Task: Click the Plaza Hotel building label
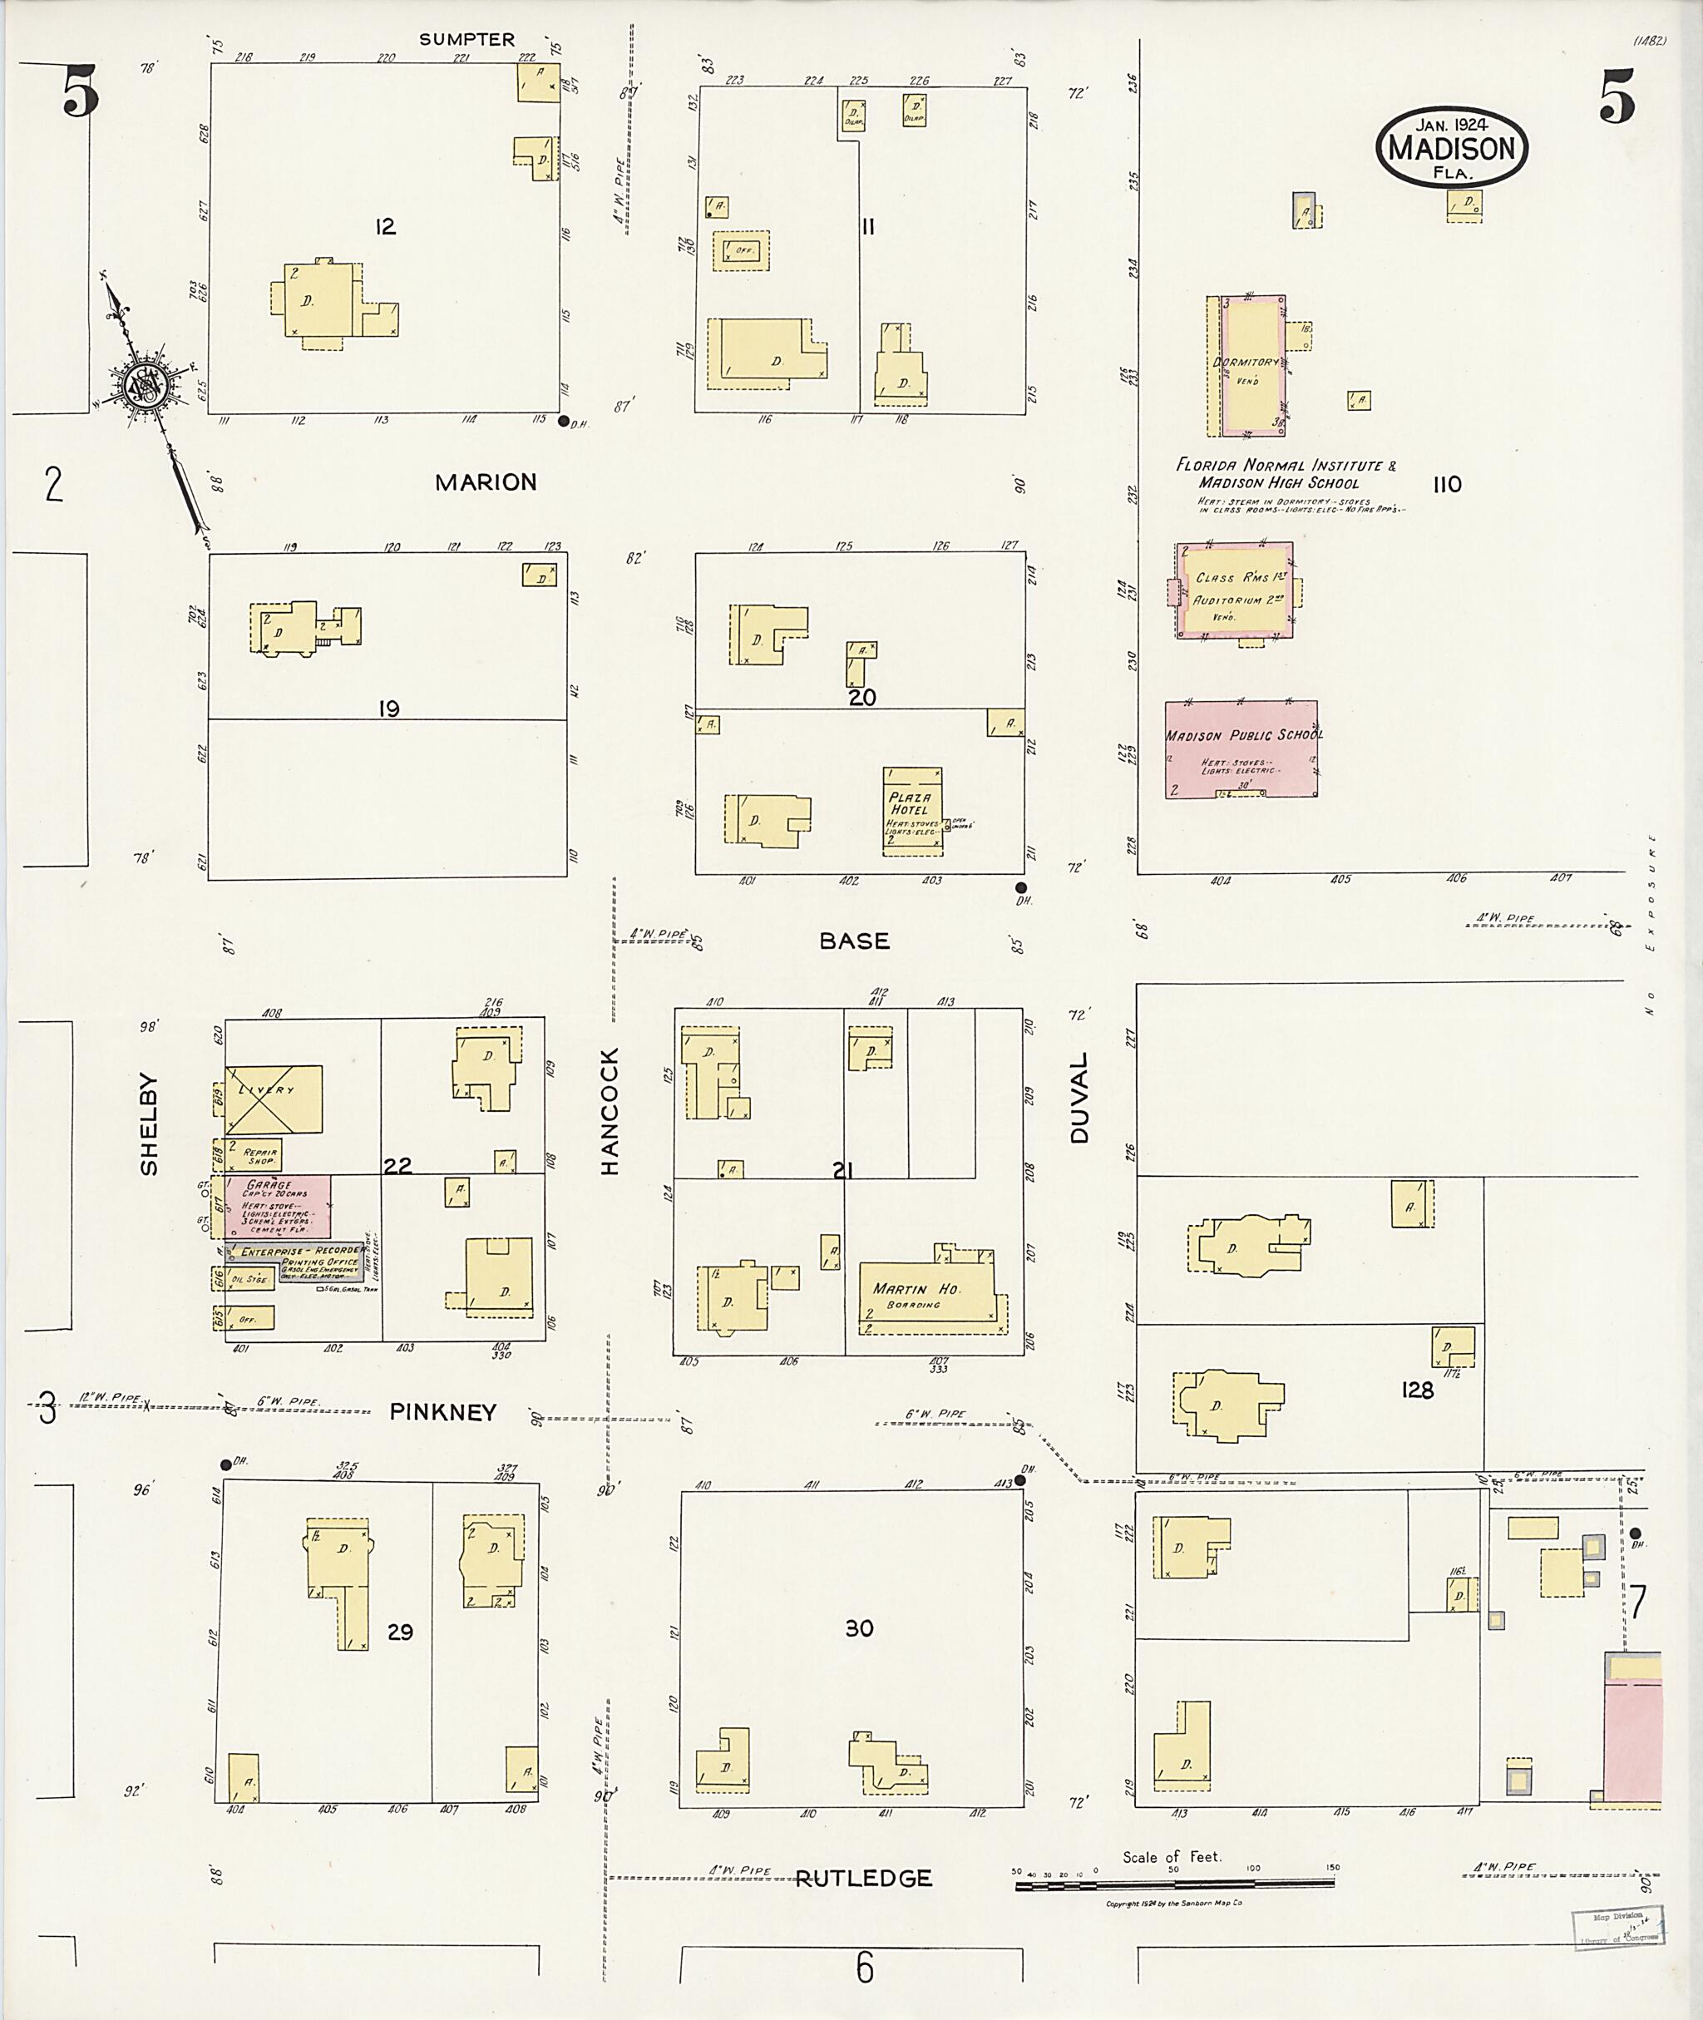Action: pyautogui.click(x=911, y=803)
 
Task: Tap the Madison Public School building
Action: pyautogui.click(x=1241, y=748)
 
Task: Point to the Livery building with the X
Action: pyautogui.click(x=274, y=1099)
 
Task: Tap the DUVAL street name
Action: pyautogui.click(x=1079, y=1098)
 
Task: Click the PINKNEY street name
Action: pyautogui.click(x=443, y=1413)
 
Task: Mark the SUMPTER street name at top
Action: pyautogui.click(x=466, y=40)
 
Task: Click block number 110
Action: pyautogui.click(x=1446, y=485)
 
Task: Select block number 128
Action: pyautogui.click(x=1417, y=1390)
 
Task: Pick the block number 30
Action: pyautogui.click(x=859, y=1629)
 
